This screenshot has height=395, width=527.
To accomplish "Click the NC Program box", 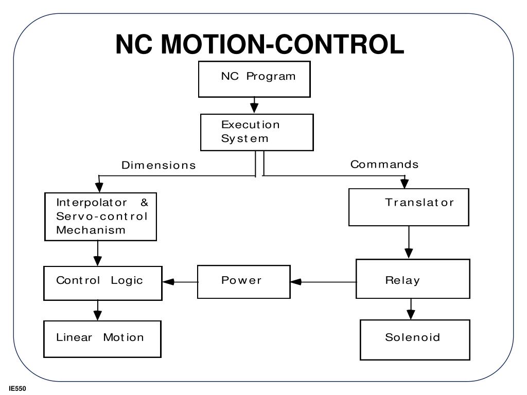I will tap(254, 79).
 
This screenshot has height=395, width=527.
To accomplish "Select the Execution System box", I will tap(257, 132).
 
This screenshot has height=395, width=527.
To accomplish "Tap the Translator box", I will tap(409, 207).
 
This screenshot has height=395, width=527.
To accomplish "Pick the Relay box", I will tap(413, 279).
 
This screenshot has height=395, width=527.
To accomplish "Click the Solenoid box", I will tap(415, 339).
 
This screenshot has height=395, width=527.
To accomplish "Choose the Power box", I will tap(243, 281).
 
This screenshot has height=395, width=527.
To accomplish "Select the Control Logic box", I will tap(103, 283).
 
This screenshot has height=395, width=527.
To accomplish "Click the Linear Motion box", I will tap(102, 338).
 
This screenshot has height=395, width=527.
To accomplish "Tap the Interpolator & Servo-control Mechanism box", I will tap(100, 217).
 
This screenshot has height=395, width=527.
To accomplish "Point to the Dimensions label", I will tap(159, 166).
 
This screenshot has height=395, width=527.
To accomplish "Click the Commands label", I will tap(384, 165).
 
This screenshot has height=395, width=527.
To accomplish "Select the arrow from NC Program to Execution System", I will tap(254, 105).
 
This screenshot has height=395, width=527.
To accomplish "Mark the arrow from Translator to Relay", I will tap(409, 242).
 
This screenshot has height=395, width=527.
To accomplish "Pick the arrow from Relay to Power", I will tap(323, 282).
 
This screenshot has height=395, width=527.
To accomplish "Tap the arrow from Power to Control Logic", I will tap(180, 281).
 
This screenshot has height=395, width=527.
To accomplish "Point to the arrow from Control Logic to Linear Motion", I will tap(98, 311).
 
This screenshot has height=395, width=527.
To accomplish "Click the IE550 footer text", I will tap(17, 389).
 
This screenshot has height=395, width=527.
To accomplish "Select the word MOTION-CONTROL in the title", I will tap(283, 44).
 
